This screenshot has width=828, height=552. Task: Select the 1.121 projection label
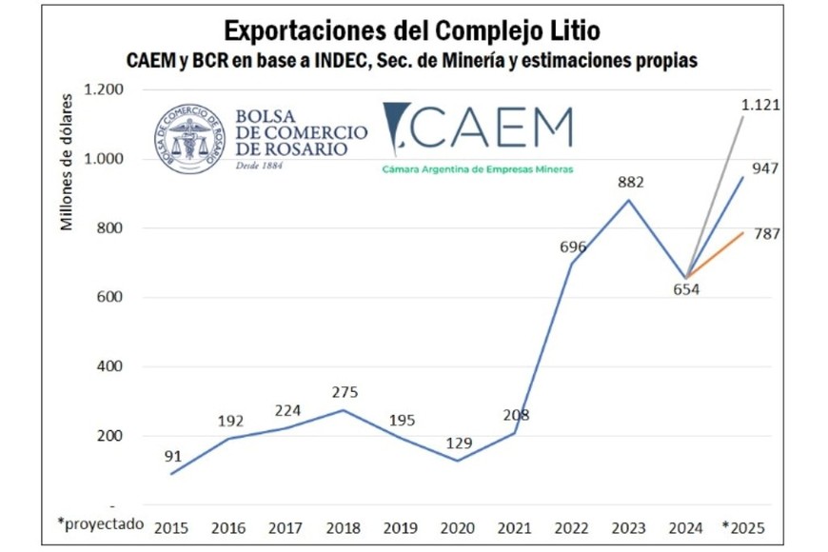[x=760, y=105]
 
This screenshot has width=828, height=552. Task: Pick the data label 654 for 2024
[x=685, y=289]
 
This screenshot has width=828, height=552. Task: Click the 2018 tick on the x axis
[x=343, y=526]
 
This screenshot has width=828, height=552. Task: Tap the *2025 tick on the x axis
[x=742, y=526]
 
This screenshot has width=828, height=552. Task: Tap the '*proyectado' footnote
[x=100, y=523]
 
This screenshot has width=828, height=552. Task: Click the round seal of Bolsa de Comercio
[x=190, y=138]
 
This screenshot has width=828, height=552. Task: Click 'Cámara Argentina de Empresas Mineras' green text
[x=477, y=168]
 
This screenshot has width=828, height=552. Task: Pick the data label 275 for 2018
[x=345, y=391]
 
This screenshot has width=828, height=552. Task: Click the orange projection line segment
[x=716, y=254]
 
